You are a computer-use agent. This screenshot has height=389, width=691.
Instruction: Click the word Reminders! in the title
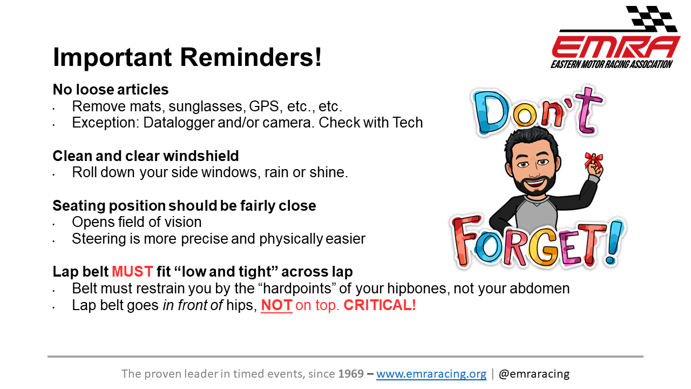pos(251,57)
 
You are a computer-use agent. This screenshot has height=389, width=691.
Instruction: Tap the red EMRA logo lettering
pos(616,47)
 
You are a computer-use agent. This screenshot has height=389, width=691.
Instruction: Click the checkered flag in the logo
pos(651,18)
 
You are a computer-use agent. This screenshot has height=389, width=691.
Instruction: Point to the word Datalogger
pos(179,123)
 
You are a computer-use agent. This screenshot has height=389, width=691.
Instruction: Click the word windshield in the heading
pos(201,156)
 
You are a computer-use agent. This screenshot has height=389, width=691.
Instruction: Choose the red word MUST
pos(132,272)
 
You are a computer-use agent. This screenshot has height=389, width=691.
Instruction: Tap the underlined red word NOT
pos(276,305)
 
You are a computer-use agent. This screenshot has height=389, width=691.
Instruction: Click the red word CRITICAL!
pos(380,305)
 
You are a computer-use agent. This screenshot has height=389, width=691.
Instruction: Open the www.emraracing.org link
pos(431,374)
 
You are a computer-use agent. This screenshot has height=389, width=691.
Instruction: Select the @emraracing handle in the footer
pos(534,374)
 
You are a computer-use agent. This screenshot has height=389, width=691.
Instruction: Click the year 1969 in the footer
pos(351,373)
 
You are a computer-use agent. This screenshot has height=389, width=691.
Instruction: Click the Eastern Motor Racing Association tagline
pos(612,64)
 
